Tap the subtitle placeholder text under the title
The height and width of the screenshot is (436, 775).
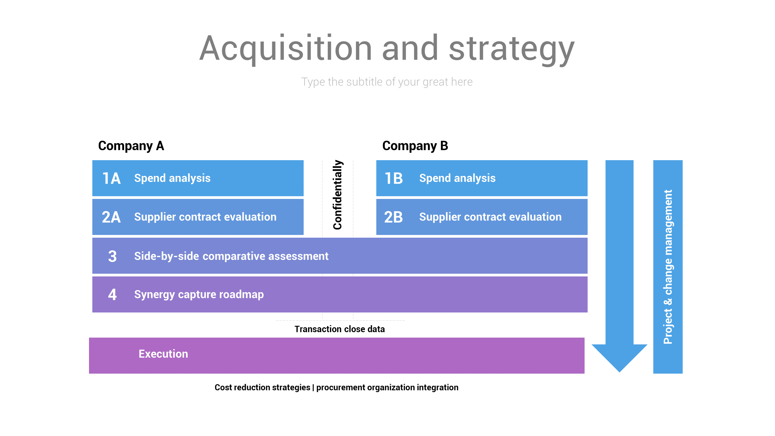pyautogui.click(x=387, y=82)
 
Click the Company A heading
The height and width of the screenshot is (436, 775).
pyautogui.click(x=131, y=146)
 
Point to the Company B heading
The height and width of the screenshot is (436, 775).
pyautogui.click(x=415, y=146)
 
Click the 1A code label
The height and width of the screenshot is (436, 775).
pyautogui.click(x=111, y=178)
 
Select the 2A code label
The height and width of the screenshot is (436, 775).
pyautogui.click(x=111, y=217)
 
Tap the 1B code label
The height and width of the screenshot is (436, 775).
pyautogui.click(x=394, y=178)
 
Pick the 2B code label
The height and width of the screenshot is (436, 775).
pyautogui.click(x=394, y=217)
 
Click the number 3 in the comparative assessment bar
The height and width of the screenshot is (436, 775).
pyautogui.click(x=112, y=256)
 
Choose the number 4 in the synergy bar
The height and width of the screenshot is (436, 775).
pyautogui.click(x=112, y=295)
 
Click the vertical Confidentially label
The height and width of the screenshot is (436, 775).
pyautogui.click(x=338, y=195)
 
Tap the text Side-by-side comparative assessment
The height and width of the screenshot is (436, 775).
pyautogui.click(x=231, y=256)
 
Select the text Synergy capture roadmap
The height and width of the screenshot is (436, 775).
pyautogui.click(x=199, y=295)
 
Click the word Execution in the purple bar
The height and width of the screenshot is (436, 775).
pyautogui.click(x=163, y=354)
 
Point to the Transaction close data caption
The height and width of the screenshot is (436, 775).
pyautogui.click(x=340, y=329)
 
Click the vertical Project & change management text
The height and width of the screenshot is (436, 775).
pyautogui.click(x=668, y=266)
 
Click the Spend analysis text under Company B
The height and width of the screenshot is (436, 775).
pyautogui.click(x=457, y=178)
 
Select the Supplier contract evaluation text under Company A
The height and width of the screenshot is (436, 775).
pyautogui.click(x=205, y=217)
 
